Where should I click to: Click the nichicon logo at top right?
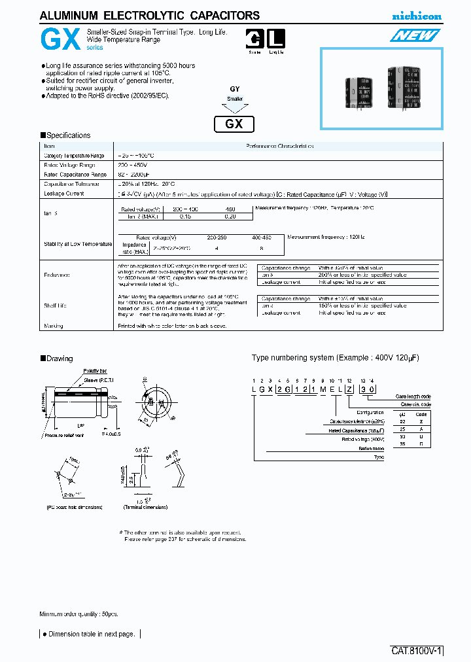(416, 16)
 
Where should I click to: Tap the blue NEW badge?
(416, 37)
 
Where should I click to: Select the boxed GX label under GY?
(234, 124)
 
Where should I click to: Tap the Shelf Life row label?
(56, 305)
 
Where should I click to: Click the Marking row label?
(54, 326)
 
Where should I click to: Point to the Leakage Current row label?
(63, 194)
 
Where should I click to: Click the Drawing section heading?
(59, 358)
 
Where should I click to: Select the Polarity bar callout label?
(96, 371)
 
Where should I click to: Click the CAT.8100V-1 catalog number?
(417, 651)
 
